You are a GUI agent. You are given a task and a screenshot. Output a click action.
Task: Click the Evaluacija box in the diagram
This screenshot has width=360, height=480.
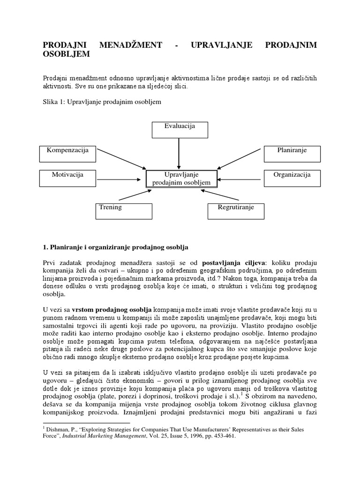pos(180,130)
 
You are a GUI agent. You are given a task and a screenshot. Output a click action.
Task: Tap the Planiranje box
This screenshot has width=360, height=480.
pos(292,153)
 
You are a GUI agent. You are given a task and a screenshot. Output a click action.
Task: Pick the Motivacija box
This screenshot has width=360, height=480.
pos(67,178)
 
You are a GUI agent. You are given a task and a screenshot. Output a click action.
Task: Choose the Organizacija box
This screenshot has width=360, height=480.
pos(292,178)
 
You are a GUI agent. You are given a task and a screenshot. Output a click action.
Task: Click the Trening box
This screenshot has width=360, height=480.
pos(124,210)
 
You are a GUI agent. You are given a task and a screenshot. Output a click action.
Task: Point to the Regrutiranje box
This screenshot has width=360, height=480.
pos(236,210)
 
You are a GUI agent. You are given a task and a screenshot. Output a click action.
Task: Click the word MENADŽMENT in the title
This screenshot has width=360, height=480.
pos(131,45)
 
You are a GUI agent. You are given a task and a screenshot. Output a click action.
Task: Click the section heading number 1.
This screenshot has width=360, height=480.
pos(45,246)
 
